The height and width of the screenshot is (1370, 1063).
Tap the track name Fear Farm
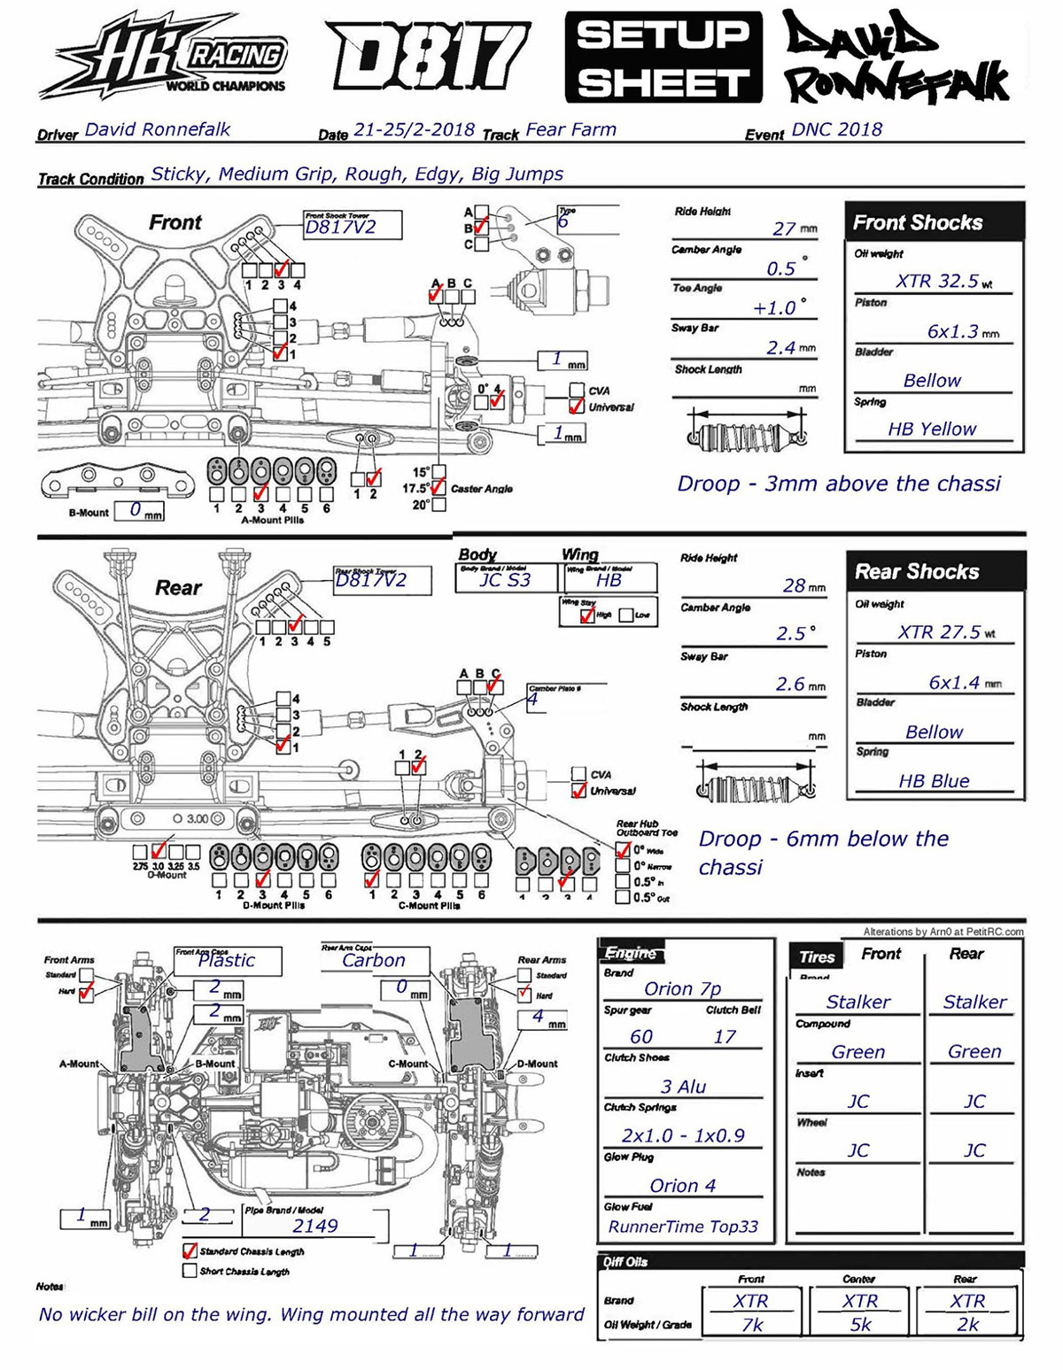(x=570, y=129)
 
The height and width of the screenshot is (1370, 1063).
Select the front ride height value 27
(x=784, y=228)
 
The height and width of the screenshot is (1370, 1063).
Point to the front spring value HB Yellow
(x=932, y=430)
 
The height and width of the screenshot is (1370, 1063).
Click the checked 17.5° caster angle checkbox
(x=438, y=487)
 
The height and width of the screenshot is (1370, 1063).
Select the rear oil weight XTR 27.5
(x=939, y=632)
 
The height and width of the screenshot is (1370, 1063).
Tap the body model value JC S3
(x=505, y=580)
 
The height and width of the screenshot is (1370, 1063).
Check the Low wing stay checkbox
(x=627, y=615)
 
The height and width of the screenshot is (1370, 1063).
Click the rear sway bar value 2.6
(x=790, y=685)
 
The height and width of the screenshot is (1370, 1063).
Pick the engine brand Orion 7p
(x=682, y=989)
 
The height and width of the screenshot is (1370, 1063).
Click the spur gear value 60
(x=641, y=1037)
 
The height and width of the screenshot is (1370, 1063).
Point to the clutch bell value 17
(x=725, y=1037)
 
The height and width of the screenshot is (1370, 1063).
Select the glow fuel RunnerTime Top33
(x=683, y=1227)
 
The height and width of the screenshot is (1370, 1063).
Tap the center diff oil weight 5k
(x=860, y=1325)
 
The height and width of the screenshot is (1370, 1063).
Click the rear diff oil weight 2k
(x=967, y=1325)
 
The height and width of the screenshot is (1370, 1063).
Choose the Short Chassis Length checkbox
(x=189, y=1271)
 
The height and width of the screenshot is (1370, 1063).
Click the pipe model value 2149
(x=315, y=1227)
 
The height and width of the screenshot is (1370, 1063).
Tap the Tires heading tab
(x=817, y=956)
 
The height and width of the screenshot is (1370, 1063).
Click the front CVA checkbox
(x=578, y=391)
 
